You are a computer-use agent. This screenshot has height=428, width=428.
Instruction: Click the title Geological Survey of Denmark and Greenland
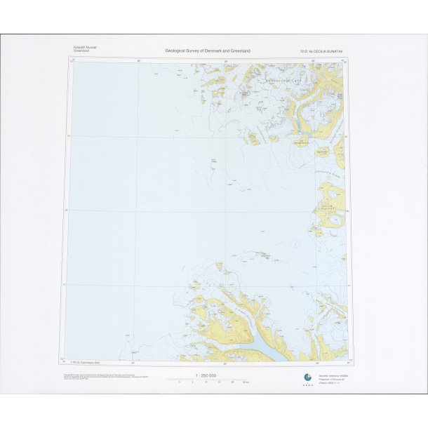[x=208, y=51]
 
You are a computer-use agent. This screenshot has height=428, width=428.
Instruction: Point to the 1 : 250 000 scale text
[x=207, y=375]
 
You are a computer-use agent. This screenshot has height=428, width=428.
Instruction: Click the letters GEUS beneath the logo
[x=306, y=385]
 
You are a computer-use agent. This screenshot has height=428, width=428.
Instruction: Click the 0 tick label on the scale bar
[x=180, y=383]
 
